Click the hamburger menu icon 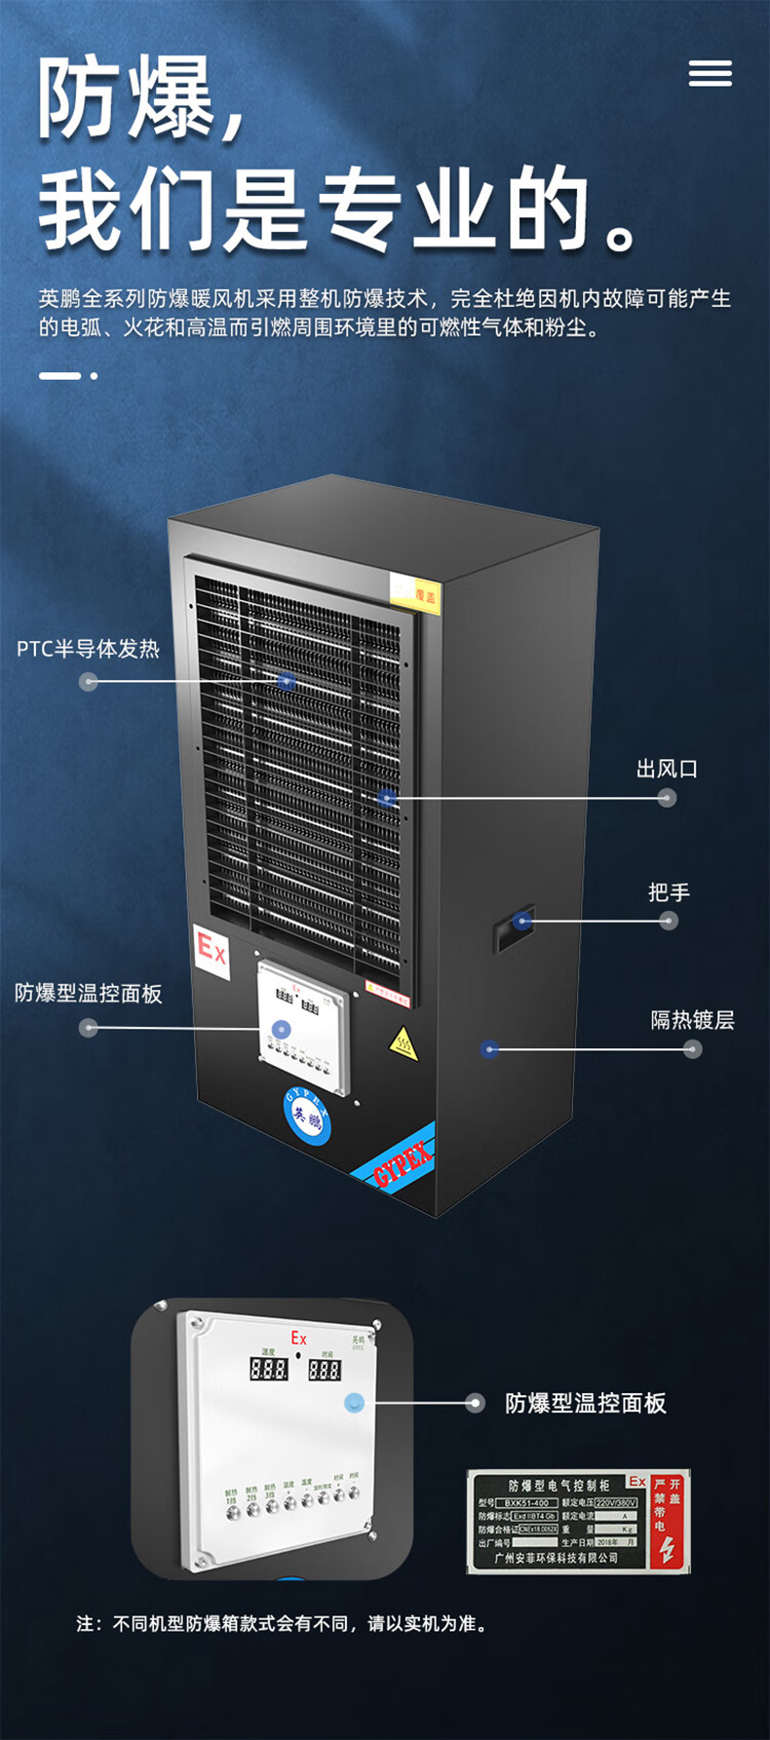point(710,73)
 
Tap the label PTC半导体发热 point(88,649)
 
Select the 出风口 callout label point(667,769)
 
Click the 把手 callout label point(669,891)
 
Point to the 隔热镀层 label point(692,1020)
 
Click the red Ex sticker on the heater point(212,947)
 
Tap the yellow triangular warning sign point(403,1044)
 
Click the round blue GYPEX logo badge point(307,1116)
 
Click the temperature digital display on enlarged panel point(268,1369)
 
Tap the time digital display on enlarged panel point(325,1369)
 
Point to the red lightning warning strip point(669,1522)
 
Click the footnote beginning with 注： point(282,1624)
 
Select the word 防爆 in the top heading point(127,97)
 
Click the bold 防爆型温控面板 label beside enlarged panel point(585,1403)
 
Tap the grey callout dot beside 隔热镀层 point(692,1049)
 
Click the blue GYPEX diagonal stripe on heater point(395,1164)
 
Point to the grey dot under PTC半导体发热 point(89,681)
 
